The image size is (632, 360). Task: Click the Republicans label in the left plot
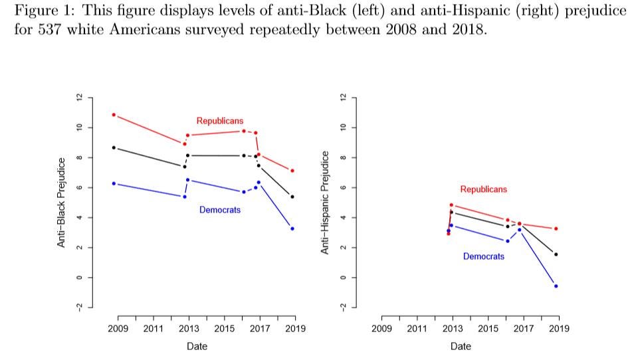point(219,121)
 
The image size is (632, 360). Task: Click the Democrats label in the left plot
point(219,210)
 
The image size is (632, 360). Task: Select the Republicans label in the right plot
point(483,189)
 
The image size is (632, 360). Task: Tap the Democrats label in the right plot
point(483,256)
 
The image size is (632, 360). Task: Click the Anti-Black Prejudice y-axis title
point(61,203)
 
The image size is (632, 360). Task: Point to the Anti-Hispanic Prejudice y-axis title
point(325,203)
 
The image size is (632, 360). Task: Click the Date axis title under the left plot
point(197,346)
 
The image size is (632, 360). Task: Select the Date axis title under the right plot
point(461,346)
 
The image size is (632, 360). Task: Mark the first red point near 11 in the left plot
point(114,115)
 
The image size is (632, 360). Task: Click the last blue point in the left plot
point(292,228)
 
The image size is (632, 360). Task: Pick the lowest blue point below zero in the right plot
point(556,286)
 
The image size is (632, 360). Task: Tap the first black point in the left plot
point(114,147)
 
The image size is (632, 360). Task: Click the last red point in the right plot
point(556,228)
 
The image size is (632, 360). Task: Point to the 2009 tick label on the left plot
point(118,329)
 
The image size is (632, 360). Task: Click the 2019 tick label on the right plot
point(559,329)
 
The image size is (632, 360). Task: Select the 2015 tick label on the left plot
point(224,329)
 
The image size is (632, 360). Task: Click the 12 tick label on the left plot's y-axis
point(80,98)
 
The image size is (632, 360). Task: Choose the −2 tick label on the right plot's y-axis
point(344,306)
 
